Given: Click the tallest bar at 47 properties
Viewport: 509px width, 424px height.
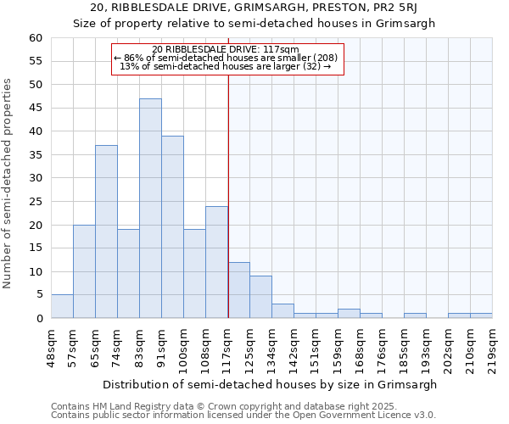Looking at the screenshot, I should coord(150,209).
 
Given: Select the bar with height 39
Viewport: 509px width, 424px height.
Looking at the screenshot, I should coord(172,227).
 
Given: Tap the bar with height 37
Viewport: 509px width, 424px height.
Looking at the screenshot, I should coord(106,232).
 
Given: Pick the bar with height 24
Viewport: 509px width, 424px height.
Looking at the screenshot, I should coord(216,262).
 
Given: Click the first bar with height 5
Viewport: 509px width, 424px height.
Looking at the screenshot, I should coord(62,306).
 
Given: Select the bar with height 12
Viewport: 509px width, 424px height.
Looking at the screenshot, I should coord(239,290).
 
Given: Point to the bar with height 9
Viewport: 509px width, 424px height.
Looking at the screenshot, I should coord(260,297).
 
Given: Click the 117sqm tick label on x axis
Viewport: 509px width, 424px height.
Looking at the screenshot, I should coord(228,348).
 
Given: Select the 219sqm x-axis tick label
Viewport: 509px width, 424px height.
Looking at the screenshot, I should coord(493,348).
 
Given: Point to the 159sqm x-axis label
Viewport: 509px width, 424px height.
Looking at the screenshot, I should coord(338,348).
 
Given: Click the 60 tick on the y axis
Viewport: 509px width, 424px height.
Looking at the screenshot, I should coord(35,38).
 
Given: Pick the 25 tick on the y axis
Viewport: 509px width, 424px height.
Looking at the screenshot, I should coord(35,202).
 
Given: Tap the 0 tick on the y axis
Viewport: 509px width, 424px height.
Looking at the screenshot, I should coord(38,319).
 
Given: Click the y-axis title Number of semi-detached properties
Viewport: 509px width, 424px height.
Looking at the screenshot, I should coord(8,183).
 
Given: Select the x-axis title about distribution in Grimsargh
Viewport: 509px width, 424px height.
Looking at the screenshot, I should coord(271,384).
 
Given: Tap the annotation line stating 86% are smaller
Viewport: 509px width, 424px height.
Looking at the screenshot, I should coord(226,58).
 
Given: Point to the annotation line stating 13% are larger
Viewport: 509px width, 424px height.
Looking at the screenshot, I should coord(226,66).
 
